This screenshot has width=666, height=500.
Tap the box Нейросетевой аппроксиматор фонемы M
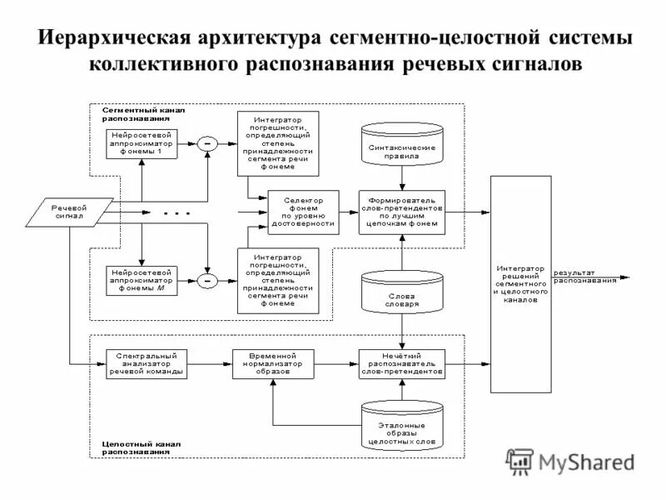[x=142, y=280]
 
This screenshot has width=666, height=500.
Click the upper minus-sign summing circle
[x=206, y=144]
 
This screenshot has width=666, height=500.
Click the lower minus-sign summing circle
[x=206, y=281]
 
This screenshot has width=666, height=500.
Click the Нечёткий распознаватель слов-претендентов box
[x=402, y=364]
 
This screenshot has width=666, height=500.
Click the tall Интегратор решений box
[x=521, y=284]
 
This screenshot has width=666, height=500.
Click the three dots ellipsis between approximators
[x=176, y=214]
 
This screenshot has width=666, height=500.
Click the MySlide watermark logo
[x=570, y=460]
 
